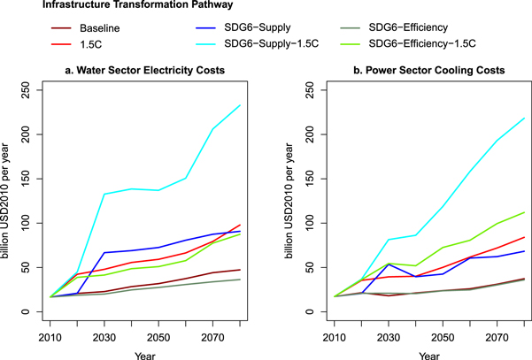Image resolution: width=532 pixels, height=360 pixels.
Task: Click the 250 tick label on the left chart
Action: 24,90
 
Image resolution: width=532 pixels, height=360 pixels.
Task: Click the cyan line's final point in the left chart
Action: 239,106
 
